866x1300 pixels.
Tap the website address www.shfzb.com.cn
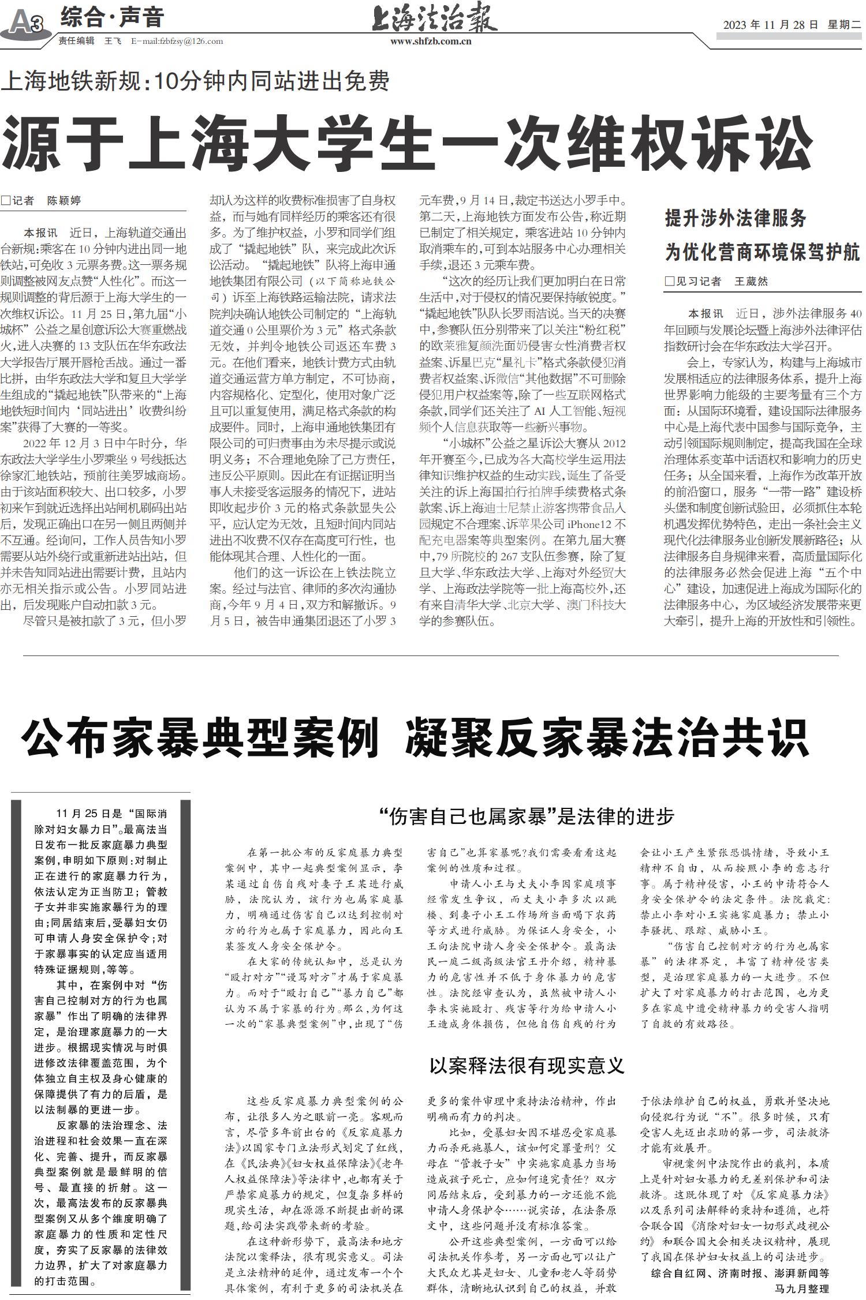[431, 42]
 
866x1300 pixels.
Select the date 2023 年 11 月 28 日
[771, 25]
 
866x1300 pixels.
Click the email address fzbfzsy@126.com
[177, 42]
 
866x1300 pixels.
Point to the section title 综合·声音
[112, 18]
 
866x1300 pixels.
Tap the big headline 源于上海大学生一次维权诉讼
[407, 142]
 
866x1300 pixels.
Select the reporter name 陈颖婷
[64, 201]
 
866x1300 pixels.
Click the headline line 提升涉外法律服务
[736, 219]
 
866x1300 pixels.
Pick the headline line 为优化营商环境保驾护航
[762, 252]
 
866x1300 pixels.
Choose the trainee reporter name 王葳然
[751, 282]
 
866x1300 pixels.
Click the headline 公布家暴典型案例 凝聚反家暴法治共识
[415, 737]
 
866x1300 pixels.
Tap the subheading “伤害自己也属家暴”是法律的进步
[527, 816]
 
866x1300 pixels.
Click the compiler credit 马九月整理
[801, 1288]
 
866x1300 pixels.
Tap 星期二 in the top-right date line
[844, 25]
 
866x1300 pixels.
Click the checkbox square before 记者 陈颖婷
[6, 201]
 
